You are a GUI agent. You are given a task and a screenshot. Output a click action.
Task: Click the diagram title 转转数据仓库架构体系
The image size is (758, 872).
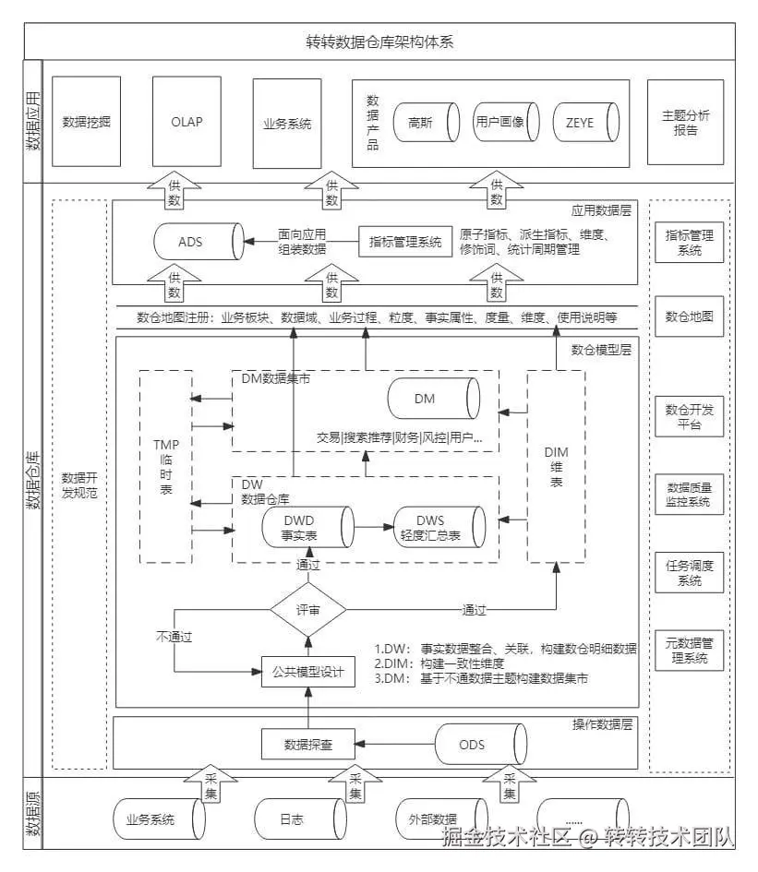(379, 42)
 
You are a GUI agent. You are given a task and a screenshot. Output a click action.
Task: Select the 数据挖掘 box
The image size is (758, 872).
(86, 122)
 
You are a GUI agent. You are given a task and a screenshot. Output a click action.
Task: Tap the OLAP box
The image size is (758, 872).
(186, 122)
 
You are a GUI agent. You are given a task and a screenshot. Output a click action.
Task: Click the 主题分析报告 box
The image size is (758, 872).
(685, 122)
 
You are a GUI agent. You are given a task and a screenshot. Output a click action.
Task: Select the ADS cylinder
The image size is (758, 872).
(196, 242)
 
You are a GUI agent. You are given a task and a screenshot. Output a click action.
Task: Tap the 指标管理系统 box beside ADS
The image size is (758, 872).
(404, 242)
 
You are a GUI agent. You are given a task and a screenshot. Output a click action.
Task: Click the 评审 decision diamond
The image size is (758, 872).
(307, 610)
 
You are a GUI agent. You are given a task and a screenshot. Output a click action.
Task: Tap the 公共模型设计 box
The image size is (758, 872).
(307, 672)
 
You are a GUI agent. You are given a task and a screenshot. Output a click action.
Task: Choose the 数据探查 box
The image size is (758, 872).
(307, 743)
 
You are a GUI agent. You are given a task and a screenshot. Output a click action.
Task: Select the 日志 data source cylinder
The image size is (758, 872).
(297, 819)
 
